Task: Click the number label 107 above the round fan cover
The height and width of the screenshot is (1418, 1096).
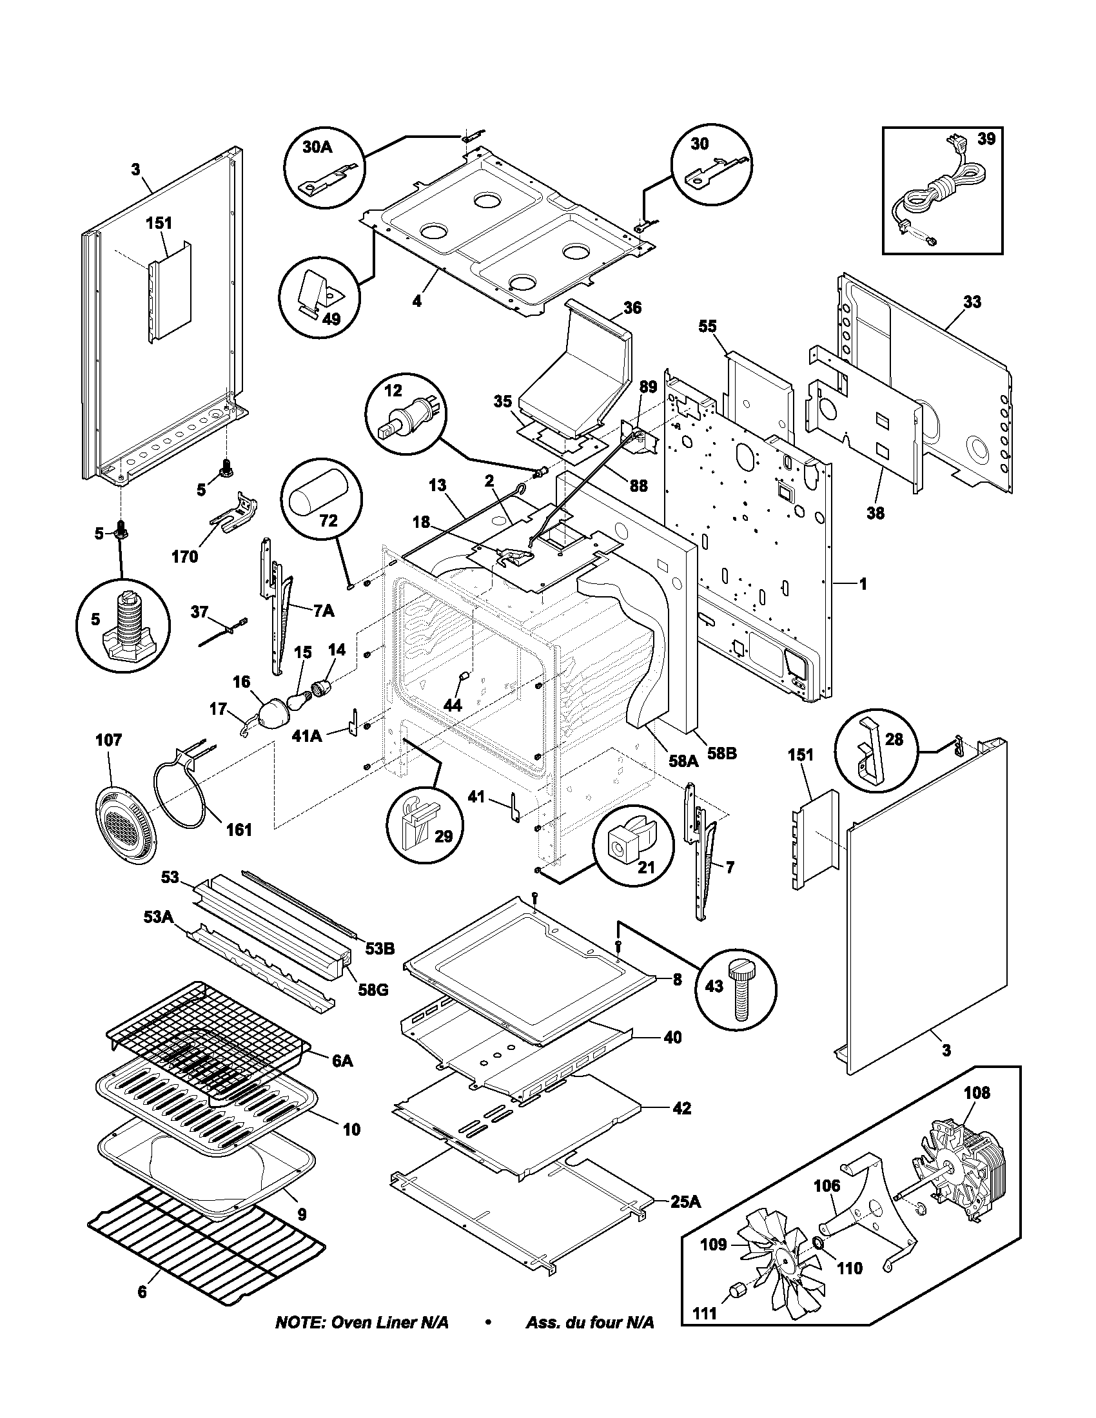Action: coord(108,740)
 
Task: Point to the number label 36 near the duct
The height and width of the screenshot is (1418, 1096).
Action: coord(632,307)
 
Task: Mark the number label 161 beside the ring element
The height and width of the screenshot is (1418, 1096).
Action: coord(239,829)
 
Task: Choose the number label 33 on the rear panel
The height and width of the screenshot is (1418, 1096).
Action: coord(972,301)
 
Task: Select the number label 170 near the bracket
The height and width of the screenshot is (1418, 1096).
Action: coord(185,556)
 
